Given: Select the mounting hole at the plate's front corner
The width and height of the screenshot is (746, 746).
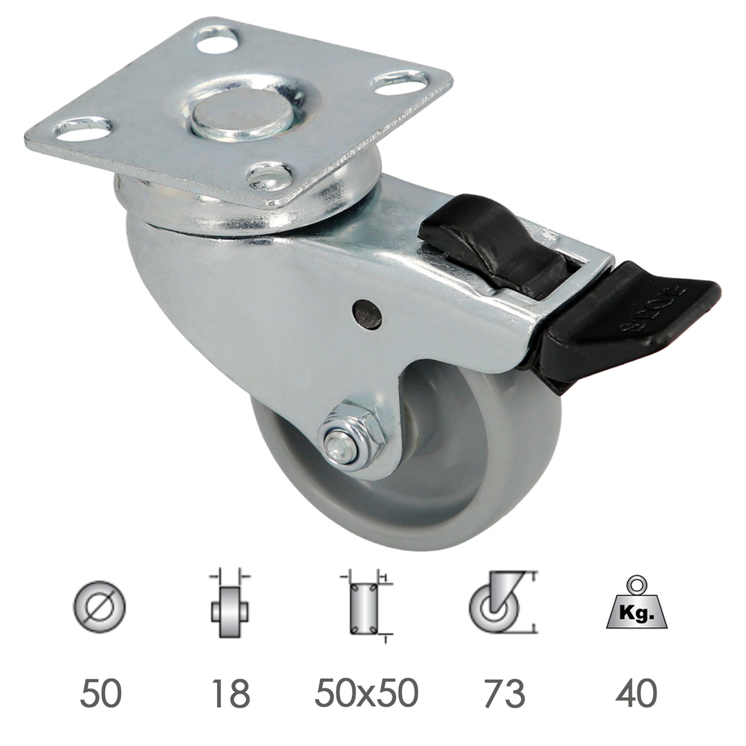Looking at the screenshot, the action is click(x=270, y=175).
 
